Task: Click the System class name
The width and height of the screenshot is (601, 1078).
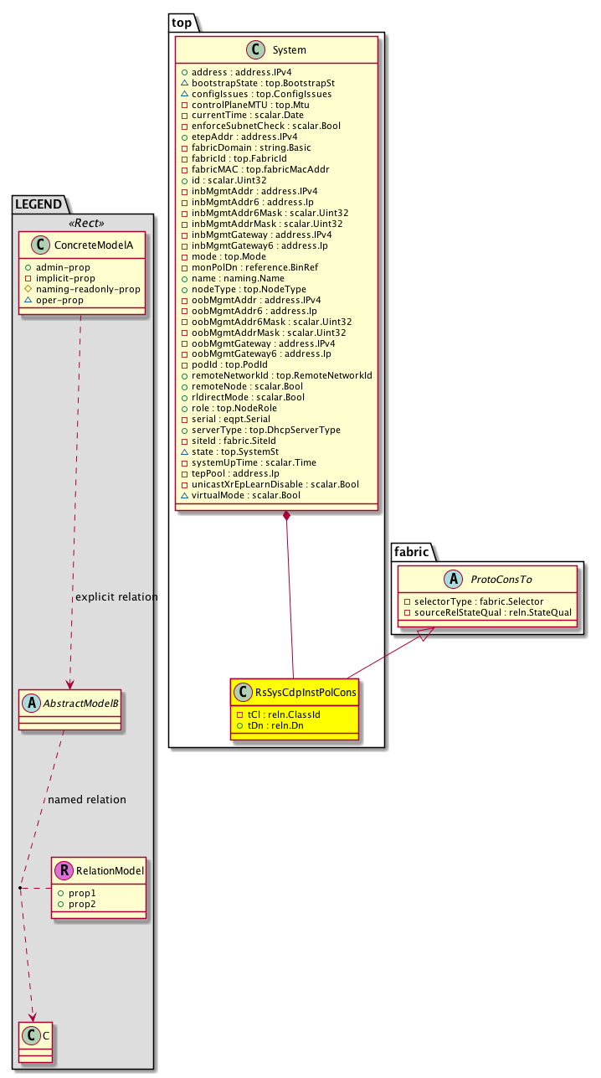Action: [x=289, y=50]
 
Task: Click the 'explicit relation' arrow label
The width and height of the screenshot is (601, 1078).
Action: [x=116, y=597]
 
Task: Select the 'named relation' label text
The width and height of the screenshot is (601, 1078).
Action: [x=87, y=799]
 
